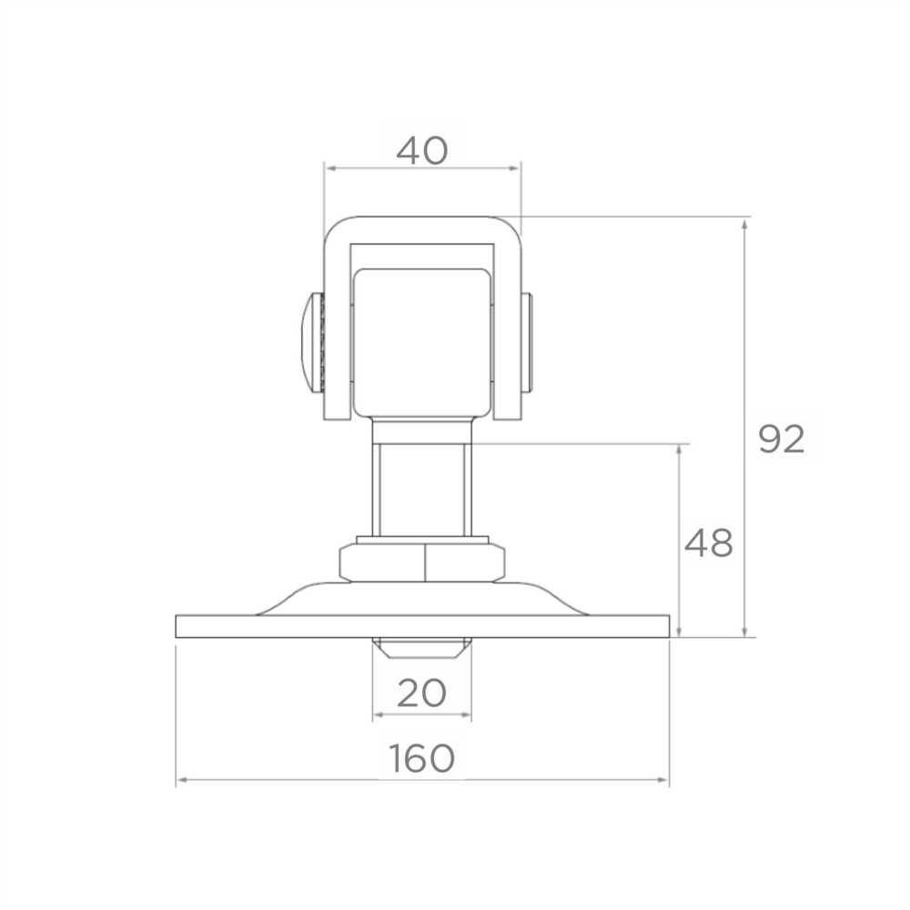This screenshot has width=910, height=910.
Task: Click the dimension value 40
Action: [x=422, y=150]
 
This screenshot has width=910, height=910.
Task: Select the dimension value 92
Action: [x=781, y=440]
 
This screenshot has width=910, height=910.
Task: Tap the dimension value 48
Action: [x=708, y=544]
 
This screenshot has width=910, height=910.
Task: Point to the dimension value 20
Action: [x=422, y=693]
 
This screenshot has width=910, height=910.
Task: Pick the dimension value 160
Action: [x=422, y=758]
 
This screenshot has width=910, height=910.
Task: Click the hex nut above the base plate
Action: [x=422, y=562]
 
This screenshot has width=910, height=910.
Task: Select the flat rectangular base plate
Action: [x=422, y=627]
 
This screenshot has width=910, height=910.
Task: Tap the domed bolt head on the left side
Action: [x=312, y=342]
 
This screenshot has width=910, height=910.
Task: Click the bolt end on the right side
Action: [x=526, y=342]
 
